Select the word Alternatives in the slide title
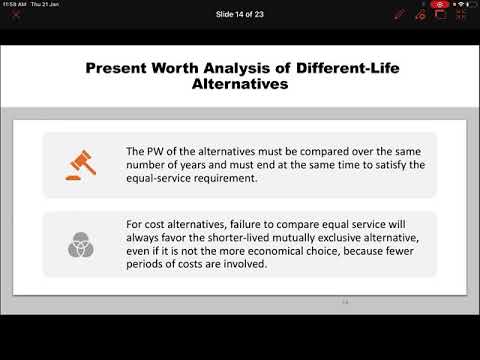[x=239, y=85]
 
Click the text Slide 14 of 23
[x=240, y=15]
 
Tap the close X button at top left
[x=15, y=15]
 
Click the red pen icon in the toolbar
[x=399, y=15]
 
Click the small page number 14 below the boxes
[x=346, y=301]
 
